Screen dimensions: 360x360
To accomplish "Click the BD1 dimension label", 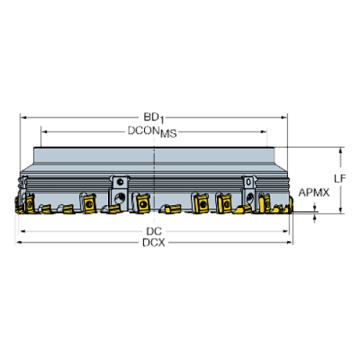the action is click(x=154, y=118).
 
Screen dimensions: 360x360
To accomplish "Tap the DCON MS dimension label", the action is click(x=152, y=132).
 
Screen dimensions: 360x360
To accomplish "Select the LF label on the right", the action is click(x=340, y=179).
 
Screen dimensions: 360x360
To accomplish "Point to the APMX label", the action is click(x=314, y=192).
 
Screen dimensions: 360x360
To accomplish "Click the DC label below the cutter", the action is click(x=154, y=231).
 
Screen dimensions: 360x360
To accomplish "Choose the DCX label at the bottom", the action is click(x=154, y=242).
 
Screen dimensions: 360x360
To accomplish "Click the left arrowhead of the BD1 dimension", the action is click(x=24, y=118).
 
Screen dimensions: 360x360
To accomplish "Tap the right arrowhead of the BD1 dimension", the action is click(x=284, y=118).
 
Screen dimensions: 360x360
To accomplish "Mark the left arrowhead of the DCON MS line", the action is click(x=45, y=132).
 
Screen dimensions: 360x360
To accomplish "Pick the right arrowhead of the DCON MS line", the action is click(x=264, y=132).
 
